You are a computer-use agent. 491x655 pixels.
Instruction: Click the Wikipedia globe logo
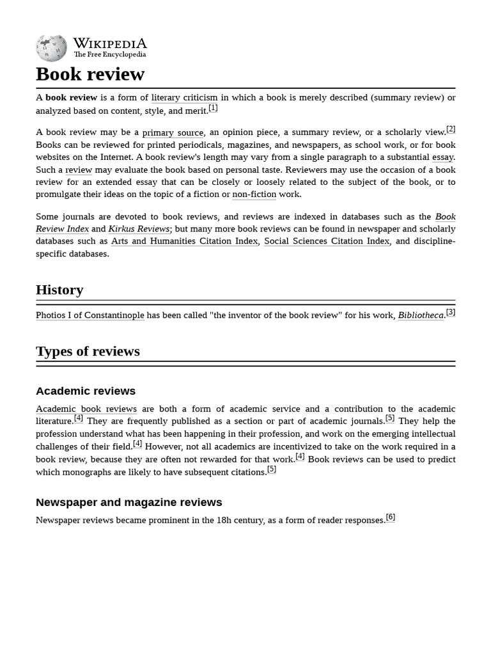[51, 48]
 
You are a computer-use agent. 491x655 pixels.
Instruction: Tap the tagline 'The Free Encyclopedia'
[109, 55]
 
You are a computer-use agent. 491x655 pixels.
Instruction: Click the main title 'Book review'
[90, 74]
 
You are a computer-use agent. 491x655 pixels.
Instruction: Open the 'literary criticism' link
[184, 98]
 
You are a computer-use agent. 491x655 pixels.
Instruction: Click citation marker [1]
[213, 108]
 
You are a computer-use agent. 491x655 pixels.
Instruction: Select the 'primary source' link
[173, 132]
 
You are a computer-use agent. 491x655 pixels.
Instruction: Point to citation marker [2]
[451, 129]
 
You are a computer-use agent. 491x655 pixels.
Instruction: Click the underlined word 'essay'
[442, 157]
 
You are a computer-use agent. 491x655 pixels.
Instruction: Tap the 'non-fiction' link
[254, 194]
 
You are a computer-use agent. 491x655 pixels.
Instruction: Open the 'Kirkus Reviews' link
[139, 229]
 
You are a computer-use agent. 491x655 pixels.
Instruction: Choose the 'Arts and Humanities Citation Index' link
[184, 241]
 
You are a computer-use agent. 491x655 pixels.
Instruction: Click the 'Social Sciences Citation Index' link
[326, 241]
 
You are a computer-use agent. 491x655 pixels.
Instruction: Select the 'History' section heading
[59, 290]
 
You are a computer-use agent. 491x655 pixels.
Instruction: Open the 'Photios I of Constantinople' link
[90, 315]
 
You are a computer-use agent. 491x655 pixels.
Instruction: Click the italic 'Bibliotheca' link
[420, 315]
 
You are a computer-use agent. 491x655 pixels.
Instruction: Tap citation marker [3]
[451, 312]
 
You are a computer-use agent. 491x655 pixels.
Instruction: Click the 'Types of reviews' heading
[88, 351]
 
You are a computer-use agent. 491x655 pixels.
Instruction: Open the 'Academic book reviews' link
[86, 409]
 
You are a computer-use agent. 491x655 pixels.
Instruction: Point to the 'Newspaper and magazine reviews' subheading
[129, 502]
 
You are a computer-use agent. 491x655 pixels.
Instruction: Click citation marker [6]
[390, 517]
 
